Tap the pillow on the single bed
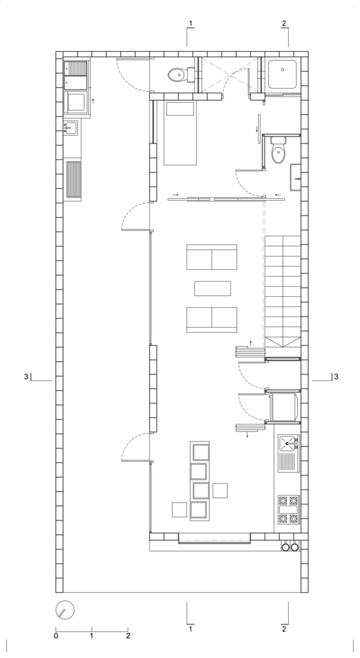point(180,109)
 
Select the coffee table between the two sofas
point(213,288)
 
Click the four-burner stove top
point(288,509)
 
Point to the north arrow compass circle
point(64,609)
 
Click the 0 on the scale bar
point(56,636)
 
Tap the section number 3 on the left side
point(26,376)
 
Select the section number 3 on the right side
point(336,376)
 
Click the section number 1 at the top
point(191,24)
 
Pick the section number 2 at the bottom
point(284,629)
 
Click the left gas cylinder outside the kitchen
point(286,547)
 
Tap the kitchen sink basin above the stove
point(288,442)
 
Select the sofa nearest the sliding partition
point(212,257)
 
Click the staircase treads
point(282,290)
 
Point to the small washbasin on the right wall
point(296,179)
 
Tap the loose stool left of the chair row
point(179,509)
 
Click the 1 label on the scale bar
point(91,636)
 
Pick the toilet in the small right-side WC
point(278,151)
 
